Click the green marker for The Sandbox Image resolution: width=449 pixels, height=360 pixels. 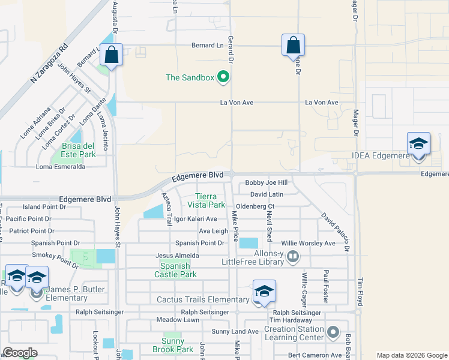[x=223, y=77]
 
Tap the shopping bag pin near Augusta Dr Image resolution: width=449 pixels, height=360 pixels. [x=112, y=55]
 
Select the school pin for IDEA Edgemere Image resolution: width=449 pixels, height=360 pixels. [x=418, y=144]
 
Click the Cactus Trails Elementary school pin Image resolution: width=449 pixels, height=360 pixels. [x=264, y=292]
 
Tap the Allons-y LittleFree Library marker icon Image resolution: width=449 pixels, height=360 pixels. [x=293, y=256]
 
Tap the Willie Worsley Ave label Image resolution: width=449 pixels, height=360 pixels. [x=309, y=244]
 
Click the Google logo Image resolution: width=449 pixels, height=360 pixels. [x=20, y=353]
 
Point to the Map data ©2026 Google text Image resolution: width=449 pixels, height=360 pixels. [x=411, y=355]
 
